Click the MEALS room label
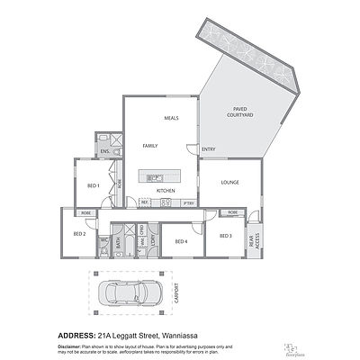171,118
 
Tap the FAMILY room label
150,145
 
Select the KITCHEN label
166,191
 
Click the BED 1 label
92,185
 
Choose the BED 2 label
78,234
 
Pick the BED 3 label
225,236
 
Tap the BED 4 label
180,241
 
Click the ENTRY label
208,149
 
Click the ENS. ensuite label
105,152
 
